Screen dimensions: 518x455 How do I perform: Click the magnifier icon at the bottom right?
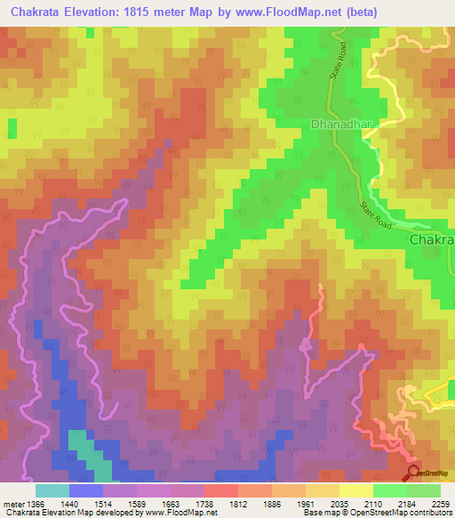point(413,473)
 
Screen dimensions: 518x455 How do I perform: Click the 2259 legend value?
point(440,503)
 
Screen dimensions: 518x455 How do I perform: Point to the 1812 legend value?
point(237,503)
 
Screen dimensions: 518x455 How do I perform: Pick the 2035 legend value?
point(339,503)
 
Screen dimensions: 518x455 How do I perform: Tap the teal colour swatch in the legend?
point(52,490)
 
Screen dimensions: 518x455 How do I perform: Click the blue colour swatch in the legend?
point(86,490)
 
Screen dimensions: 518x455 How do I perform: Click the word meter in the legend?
point(12,503)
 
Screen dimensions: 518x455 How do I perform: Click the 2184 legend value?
point(406,503)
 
